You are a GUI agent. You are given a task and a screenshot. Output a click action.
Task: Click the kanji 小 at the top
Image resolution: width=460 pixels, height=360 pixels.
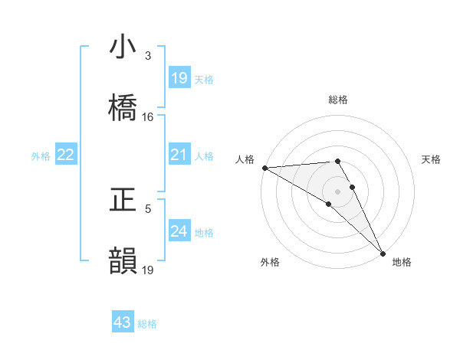pyautogui.click(x=123, y=47)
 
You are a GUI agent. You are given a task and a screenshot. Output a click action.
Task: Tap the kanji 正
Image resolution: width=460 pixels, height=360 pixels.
pyautogui.click(x=123, y=200)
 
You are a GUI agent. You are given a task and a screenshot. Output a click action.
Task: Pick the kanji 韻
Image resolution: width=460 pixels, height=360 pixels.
pyautogui.click(x=123, y=260)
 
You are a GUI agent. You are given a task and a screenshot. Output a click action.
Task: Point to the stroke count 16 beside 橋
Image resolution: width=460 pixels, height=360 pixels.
pyautogui.click(x=148, y=117)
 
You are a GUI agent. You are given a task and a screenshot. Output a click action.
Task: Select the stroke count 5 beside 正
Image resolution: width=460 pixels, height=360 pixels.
pyautogui.click(x=148, y=208)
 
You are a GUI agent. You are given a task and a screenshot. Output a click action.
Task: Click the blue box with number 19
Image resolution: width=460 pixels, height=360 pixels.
pyautogui.click(x=179, y=79)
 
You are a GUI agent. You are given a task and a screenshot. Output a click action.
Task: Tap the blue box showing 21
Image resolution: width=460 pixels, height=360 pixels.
pyautogui.click(x=179, y=155)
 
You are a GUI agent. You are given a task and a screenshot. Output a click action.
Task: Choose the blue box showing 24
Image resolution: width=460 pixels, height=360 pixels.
pyautogui.click(x=179, y=231)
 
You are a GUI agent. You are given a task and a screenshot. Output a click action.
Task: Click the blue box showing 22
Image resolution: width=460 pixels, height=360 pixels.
pyautogui.click(x=65, y=155)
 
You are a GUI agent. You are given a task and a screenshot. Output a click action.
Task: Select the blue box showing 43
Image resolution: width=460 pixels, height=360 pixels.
pyautogui.click(x=123, y=323)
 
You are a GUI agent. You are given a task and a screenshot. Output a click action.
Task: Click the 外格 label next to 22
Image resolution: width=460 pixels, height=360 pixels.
pyautogui.click(x=41, y=156)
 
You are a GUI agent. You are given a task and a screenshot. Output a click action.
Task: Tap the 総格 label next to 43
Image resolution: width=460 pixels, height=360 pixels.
pyautogui.click(x=147, y=324)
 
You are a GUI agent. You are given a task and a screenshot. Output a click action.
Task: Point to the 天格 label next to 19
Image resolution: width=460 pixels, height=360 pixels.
pyautogui.click(x=203, y=80)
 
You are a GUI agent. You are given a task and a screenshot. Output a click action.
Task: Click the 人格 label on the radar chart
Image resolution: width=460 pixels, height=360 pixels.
pyautogui.click(x=245, y=159)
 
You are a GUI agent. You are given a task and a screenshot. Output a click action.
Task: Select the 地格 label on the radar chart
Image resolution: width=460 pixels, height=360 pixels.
pyautogui.click(x=402, y=262)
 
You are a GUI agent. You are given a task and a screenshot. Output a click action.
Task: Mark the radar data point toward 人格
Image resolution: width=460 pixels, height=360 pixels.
pyautogui.click(x=264, y=168)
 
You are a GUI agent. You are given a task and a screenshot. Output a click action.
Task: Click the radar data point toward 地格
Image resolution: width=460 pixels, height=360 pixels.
pyautogui.click(x=383, y=252)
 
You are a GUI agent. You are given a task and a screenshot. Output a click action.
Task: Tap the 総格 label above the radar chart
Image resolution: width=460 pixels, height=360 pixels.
pyautogui.click(x=338, y=100)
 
